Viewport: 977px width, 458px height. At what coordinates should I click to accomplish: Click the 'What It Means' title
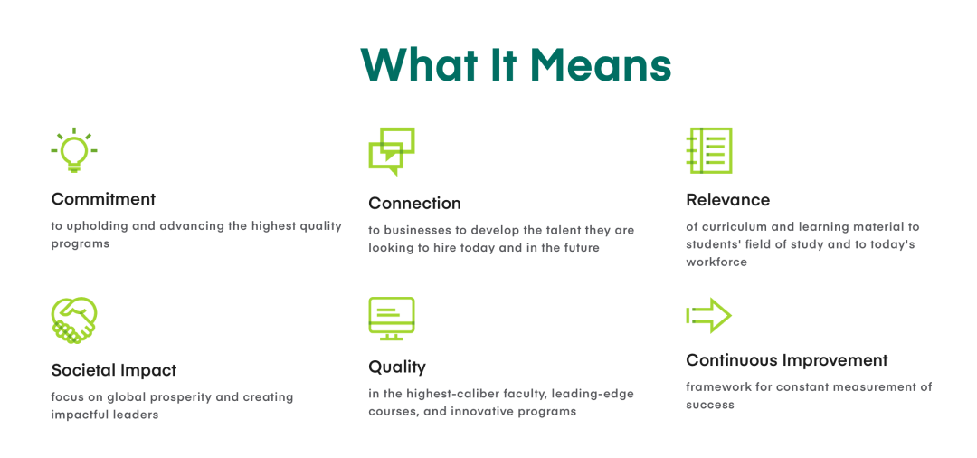coord(516,64)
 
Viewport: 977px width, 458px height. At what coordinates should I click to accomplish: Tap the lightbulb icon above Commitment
coord(74,150)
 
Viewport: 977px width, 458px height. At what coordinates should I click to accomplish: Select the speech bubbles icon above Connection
coord(392,151)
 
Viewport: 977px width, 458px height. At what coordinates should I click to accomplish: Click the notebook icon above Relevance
coord(708,150)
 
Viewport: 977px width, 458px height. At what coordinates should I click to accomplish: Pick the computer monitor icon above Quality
coord(392,319)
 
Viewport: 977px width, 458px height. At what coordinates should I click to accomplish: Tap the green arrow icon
coord(708,315)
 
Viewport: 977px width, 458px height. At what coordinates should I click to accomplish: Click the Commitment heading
coord(103,199)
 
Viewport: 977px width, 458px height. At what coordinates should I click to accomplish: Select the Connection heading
coord(414,203)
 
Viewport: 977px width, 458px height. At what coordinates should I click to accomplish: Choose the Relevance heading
coord(727,200)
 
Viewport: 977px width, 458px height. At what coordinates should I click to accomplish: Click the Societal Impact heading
coord(114,370)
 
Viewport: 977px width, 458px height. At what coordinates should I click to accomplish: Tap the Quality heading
coord(397,367)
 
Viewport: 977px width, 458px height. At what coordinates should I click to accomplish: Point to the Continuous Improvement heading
coord(787,360)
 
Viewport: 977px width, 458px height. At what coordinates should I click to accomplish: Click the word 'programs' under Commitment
coord(81,243)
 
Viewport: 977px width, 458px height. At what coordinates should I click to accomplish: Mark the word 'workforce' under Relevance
coord(716,262)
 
